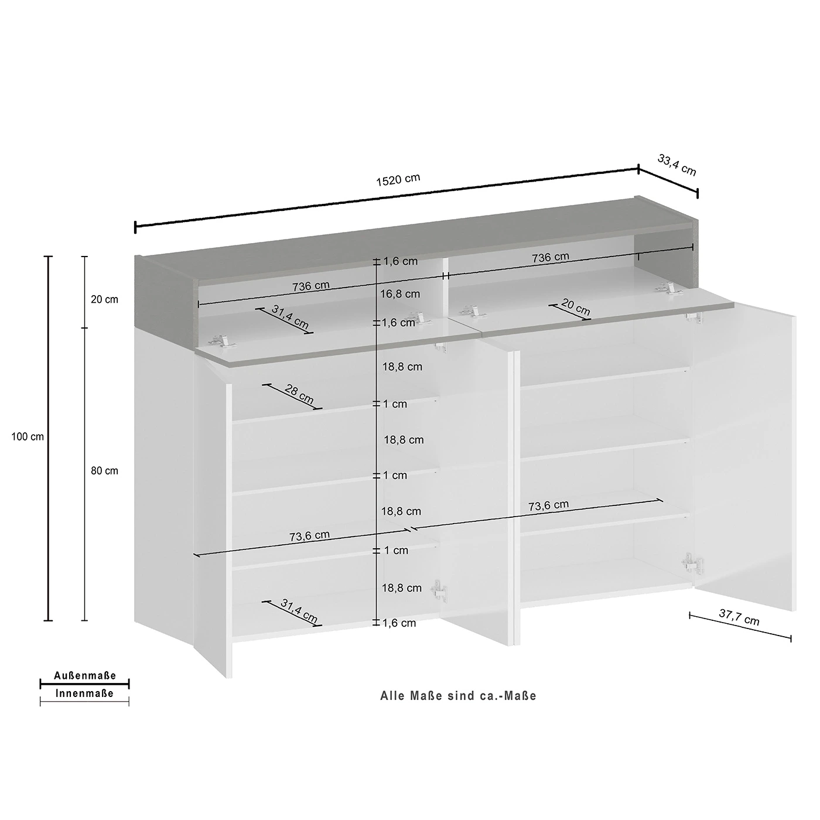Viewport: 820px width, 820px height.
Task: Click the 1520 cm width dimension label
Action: tap(398, 180)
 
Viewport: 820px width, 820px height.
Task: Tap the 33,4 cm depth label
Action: tap(676, 165)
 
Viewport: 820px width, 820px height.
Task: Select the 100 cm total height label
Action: tap(28, 436)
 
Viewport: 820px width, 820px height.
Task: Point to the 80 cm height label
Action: tap(104, 471)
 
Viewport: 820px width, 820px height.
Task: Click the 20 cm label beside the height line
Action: tap(104, 299)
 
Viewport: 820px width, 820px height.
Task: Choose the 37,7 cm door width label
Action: tap(739, 617)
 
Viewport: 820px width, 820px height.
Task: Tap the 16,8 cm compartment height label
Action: tap(400, 293)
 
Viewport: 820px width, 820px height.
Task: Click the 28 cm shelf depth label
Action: tap(299, 394)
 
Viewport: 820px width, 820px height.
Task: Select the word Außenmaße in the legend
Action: tap(85, 676)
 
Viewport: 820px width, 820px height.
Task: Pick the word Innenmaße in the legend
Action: tap(85, 693)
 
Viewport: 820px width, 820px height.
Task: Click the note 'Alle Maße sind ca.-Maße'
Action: tap(458, 696)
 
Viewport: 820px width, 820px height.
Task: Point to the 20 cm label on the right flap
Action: tap(576, 307)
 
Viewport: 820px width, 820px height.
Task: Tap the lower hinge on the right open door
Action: tap(692, 563)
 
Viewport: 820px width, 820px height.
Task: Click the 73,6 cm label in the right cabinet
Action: tap(548, 505)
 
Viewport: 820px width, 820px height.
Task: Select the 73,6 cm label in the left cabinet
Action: tap(309, 536)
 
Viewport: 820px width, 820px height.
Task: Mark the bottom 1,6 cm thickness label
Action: tap(399, 623)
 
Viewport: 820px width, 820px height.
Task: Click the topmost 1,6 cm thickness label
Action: tap(401, 261)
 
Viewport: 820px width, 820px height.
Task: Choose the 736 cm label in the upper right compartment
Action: tap(550, 257)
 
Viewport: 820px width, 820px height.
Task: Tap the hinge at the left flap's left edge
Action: tap(220, 341)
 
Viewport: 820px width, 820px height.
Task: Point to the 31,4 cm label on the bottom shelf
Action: tap(299, 611)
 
